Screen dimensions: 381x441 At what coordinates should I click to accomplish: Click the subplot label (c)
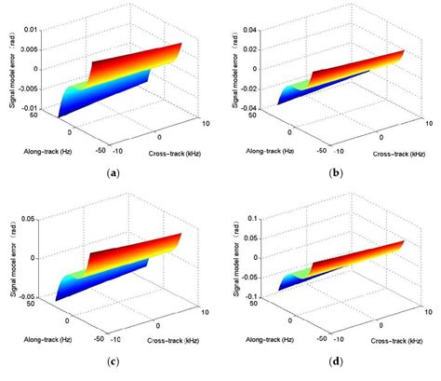coord(114,361)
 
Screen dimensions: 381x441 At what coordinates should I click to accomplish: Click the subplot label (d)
coord(336,361)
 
